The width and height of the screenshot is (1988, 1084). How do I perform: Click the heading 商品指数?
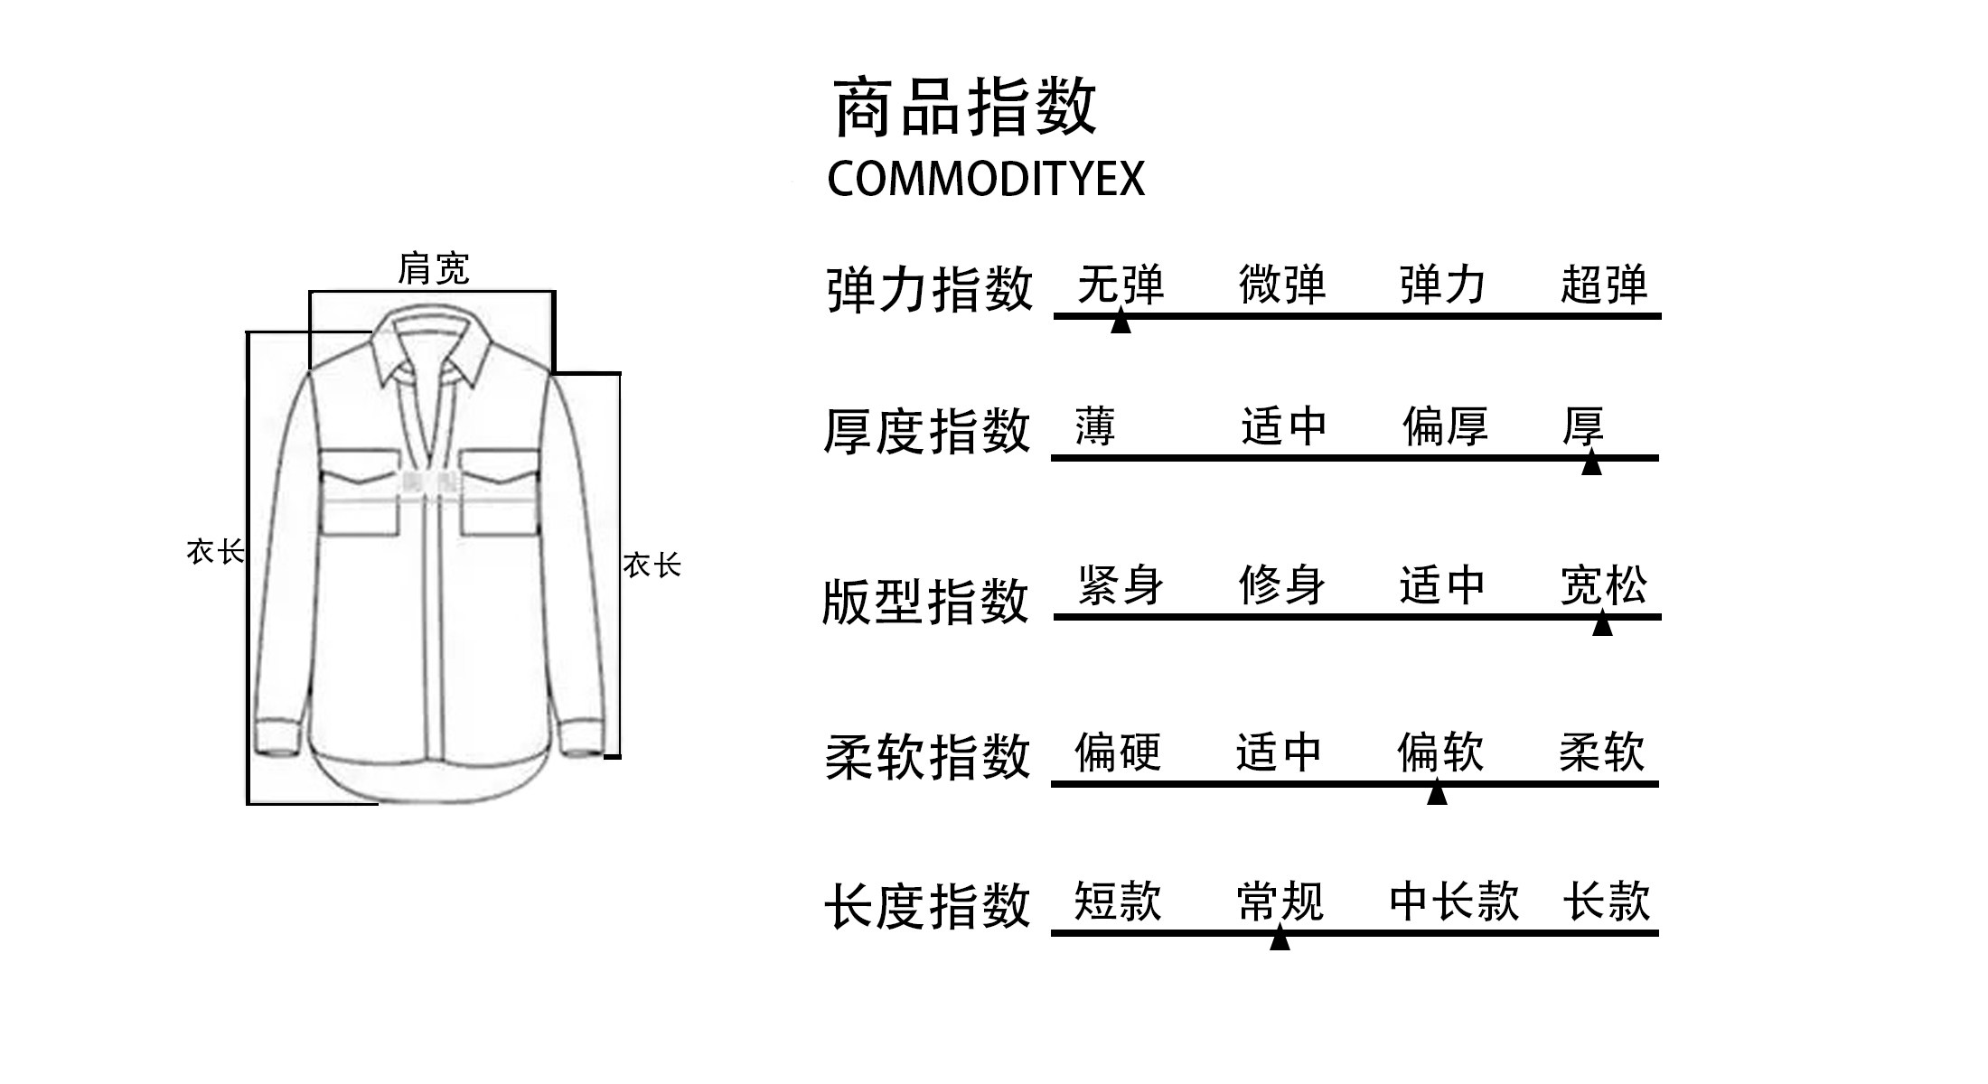coord(964,107)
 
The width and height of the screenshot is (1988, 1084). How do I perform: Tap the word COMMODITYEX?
coord(986,179)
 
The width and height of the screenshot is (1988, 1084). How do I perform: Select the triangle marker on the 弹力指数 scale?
coord(1121,322)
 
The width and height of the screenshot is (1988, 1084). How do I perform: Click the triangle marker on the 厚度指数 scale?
coord(1591,463)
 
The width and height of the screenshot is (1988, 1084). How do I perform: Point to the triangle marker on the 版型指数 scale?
coord(1602,623)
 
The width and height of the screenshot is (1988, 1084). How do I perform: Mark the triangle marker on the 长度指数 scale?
coord(1280,939)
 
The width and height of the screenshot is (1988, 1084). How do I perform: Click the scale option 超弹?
coord(1604,285)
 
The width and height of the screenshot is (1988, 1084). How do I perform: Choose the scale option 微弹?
coord(1282,285)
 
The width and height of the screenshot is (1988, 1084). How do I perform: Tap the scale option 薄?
coord(1095,426)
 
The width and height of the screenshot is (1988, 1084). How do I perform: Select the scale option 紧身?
coord(1121,585)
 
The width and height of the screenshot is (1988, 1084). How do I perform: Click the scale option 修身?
coord(1282,585)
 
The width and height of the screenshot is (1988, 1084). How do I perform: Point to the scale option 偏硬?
coord(1118,752)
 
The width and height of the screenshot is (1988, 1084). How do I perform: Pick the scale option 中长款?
coord(1454,902)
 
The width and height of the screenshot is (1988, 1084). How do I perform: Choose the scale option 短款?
coord(1118,902)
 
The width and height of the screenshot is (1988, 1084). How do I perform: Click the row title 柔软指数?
coord(927,756)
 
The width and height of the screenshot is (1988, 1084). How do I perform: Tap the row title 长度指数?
coord(927,906)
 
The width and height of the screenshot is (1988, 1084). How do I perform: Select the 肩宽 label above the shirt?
coord(434,269)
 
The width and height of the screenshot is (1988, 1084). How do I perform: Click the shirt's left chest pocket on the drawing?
coord(360,492)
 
